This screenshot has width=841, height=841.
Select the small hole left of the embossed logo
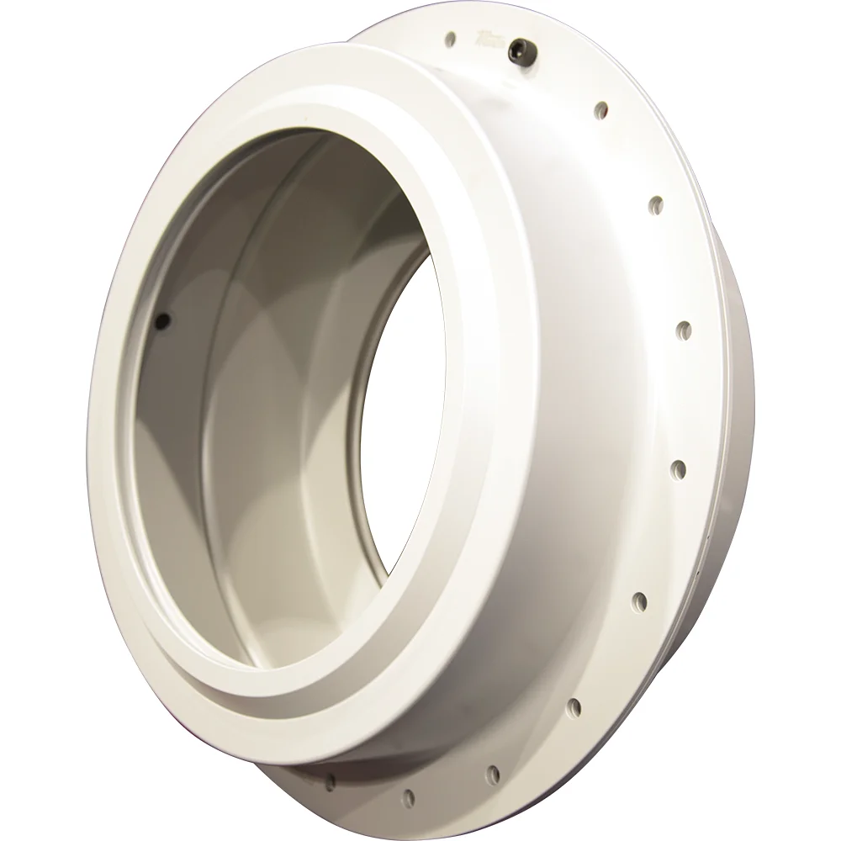(452, 38)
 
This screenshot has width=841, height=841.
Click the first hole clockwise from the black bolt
(601, 108)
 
